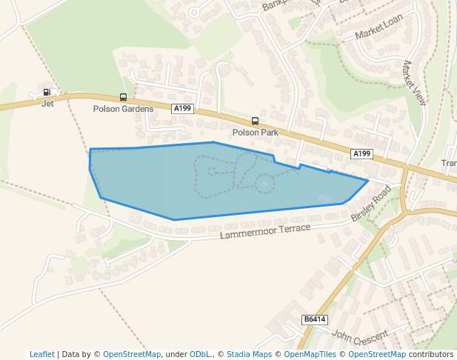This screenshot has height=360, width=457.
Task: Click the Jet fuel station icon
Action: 47,93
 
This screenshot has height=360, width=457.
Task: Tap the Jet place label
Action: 47,104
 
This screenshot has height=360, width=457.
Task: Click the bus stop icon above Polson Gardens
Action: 123,98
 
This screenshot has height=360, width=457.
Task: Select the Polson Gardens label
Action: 123,109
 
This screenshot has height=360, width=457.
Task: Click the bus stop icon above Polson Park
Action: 255,121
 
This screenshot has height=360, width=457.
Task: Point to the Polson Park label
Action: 255,133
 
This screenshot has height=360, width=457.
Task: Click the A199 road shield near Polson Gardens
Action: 182,109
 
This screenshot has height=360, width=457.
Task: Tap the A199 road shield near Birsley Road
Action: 361,154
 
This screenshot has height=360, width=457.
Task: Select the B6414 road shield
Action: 314,320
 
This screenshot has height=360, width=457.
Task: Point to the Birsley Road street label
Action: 370,204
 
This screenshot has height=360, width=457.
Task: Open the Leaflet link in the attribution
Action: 41,354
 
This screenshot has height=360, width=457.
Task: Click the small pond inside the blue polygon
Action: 264,182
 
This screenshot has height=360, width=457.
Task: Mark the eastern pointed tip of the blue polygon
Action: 367,180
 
